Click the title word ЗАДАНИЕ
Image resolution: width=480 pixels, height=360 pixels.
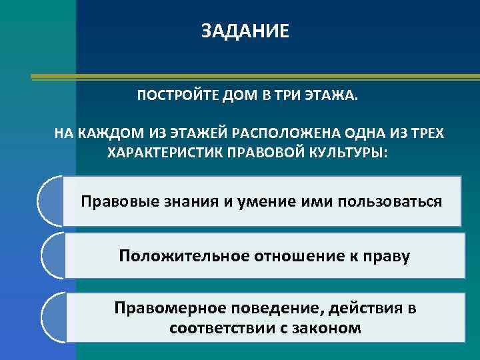(245, 31)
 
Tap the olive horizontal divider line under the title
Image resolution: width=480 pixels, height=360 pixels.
(253, 77)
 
